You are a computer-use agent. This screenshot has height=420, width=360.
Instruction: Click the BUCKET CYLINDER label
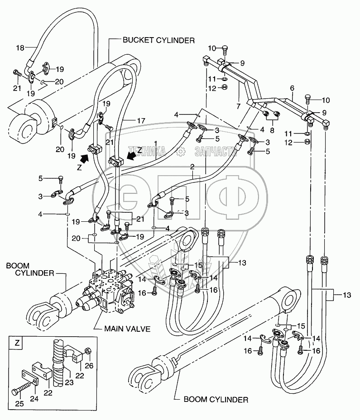tap(158, 40)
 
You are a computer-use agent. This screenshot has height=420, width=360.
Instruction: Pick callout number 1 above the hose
tap(155, 143)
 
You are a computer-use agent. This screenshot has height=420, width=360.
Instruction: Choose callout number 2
tap(192, 167)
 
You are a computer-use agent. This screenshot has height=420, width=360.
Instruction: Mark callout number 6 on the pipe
tap(292, 87)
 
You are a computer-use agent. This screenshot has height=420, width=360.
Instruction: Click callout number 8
tap(271, 130)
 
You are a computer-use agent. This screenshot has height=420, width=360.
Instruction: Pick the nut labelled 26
tap(88, 351)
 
